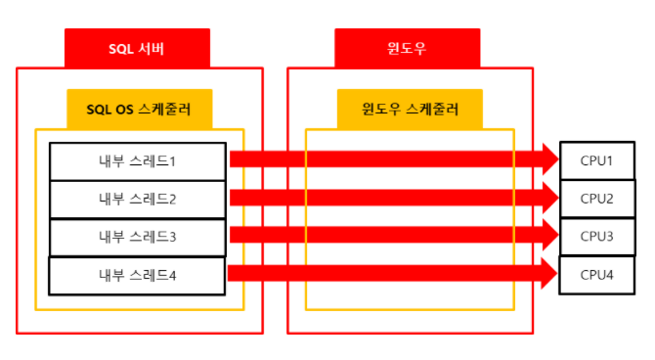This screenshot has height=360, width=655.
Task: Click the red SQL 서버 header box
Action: pos(137,48)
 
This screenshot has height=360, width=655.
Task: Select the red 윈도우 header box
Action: pos(407,48)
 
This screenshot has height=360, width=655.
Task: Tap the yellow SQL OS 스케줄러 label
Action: pos(139,109)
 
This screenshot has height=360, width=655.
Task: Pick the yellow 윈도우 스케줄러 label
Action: pos(410,109)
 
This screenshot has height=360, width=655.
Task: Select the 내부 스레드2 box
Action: pos(137,200)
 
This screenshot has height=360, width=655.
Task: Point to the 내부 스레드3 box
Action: pos(137,237)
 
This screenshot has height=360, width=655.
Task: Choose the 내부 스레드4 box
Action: pos(137,275)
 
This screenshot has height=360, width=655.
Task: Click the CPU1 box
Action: pos(596,159)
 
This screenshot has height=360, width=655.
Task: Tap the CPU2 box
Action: pos(596,199)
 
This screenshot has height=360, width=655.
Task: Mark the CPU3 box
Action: pos(596,237)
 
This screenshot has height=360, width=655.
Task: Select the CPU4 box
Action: pos(596,275)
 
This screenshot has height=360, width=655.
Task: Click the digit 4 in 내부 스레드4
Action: pos(172,275)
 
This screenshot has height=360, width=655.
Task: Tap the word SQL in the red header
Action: pos(121,48)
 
